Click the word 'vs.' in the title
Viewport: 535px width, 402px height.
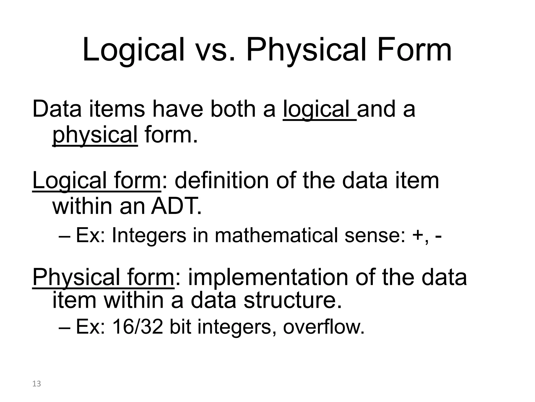coord(214,50)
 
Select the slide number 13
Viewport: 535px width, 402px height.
coord(37,384)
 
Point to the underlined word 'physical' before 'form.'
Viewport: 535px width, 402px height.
coord(95,135)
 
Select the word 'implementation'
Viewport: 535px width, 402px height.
coord(268,277)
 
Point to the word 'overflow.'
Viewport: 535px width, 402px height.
coord(324,327)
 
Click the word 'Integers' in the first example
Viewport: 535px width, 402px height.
coord(149,236)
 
